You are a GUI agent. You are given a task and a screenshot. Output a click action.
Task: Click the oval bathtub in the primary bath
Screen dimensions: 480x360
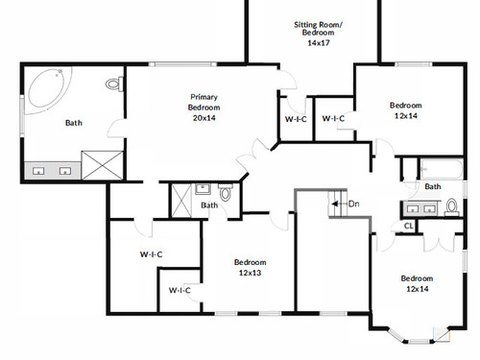(48, 88)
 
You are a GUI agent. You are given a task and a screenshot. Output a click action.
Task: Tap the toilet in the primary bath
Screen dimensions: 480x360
(114, 84)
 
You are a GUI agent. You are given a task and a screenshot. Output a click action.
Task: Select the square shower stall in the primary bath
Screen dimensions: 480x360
(102, 165)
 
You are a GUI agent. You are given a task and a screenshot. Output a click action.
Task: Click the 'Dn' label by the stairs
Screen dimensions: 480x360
(353, 204)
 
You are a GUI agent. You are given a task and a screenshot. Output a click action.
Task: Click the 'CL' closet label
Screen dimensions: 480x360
(409, 226)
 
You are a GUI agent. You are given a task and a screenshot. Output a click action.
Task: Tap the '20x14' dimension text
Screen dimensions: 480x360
(204, 118)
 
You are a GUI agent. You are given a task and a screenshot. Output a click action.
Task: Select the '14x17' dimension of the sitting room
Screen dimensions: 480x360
(319, 43)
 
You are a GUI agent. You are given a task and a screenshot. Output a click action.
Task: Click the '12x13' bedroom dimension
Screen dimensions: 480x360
(250, 273)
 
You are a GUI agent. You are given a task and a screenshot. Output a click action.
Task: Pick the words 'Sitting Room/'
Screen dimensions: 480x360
(318, 25)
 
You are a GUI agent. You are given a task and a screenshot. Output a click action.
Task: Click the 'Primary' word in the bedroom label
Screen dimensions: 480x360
(204, 97)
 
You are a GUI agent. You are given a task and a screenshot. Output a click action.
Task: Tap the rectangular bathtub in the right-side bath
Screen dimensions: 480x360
(442, 169)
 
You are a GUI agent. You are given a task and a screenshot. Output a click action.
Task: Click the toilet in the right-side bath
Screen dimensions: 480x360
(451, 206)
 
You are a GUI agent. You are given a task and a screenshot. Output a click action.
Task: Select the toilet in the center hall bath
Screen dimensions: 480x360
(226, 192)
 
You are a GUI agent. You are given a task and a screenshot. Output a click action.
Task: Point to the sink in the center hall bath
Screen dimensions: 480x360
(203, 189)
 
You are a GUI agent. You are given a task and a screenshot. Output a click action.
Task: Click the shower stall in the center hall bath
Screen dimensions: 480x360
(181, 201)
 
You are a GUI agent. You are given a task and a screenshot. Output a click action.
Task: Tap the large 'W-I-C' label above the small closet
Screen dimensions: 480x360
(151, 254)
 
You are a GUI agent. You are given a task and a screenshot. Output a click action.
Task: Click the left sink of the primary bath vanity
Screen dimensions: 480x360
(38, 171)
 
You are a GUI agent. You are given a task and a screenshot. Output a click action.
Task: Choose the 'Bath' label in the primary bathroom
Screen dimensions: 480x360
(74, 123)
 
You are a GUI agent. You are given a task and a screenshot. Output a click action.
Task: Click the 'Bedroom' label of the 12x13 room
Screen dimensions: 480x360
(250, 262)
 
